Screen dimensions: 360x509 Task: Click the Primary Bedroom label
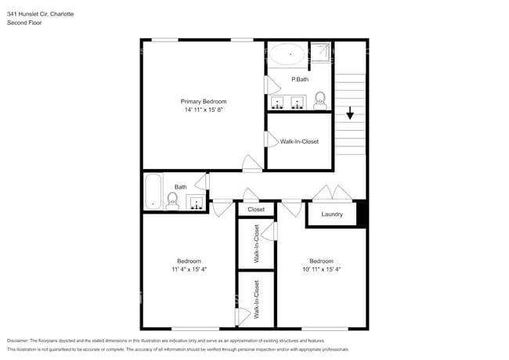pyautogui.click(x=204, y=102)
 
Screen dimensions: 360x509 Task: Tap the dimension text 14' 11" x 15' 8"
pyautogui.click(x=204, y=110)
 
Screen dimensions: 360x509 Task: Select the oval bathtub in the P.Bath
pyautogui.click(x=288, y=55)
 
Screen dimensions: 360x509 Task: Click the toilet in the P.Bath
pyautogui.click(x=319, y=99)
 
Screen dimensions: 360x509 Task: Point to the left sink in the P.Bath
pyautogui.click(x=279, y=102)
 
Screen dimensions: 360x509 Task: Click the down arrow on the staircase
pyautogui.click(x=350, y=113)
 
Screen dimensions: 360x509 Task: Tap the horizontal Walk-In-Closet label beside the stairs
pyautogui.click(x=299, y=142)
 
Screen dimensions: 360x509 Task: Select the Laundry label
pyautogui.click(x=332, y=214)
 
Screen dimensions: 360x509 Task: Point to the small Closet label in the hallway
pyautogui.click(x=256, y=210)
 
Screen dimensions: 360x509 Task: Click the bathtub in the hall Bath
pyautogui.click(x=153, y=191)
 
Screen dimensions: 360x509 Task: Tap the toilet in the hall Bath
pyautogui.click(x=173, y=201)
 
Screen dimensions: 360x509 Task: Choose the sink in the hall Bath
pyautogui.click(x=193, y=203)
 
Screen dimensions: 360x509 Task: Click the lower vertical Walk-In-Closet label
pyautogui.click(x=257, y=299)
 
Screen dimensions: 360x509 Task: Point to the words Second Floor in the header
pyautogui.click(x=24, y=23)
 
